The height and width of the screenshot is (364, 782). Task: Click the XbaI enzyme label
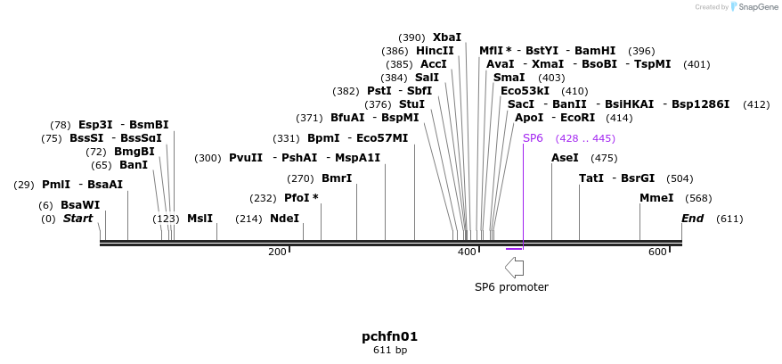[x=447, y=37]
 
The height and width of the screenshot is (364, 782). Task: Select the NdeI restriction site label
[x=284, y=219]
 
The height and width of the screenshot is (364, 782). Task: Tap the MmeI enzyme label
[x=656, y=198]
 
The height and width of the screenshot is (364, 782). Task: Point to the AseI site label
[x=565, y=158]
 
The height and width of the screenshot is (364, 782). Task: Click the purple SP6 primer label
[x=533, y=138]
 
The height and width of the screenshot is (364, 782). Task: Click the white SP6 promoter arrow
[x=514, y=267]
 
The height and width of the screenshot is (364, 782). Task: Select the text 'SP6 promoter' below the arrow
[x=511, y=287]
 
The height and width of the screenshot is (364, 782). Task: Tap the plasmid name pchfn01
[x=389, y=336]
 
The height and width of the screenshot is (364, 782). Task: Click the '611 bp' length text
[x=389, y=350]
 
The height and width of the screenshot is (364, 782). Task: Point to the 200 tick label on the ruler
[x=277, y=252]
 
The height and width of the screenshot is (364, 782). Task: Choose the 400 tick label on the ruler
[x=467, y=252]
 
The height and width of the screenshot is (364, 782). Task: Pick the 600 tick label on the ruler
[x=657, y=252]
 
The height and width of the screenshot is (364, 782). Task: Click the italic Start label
[x=77, y=219]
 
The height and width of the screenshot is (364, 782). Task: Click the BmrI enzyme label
[x=337, y=178]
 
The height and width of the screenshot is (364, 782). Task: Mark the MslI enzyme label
[x=200, y=219]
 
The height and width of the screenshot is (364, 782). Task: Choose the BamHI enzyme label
[x=595, y=51]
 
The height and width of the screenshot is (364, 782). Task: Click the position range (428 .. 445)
[x=585, y=138]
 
